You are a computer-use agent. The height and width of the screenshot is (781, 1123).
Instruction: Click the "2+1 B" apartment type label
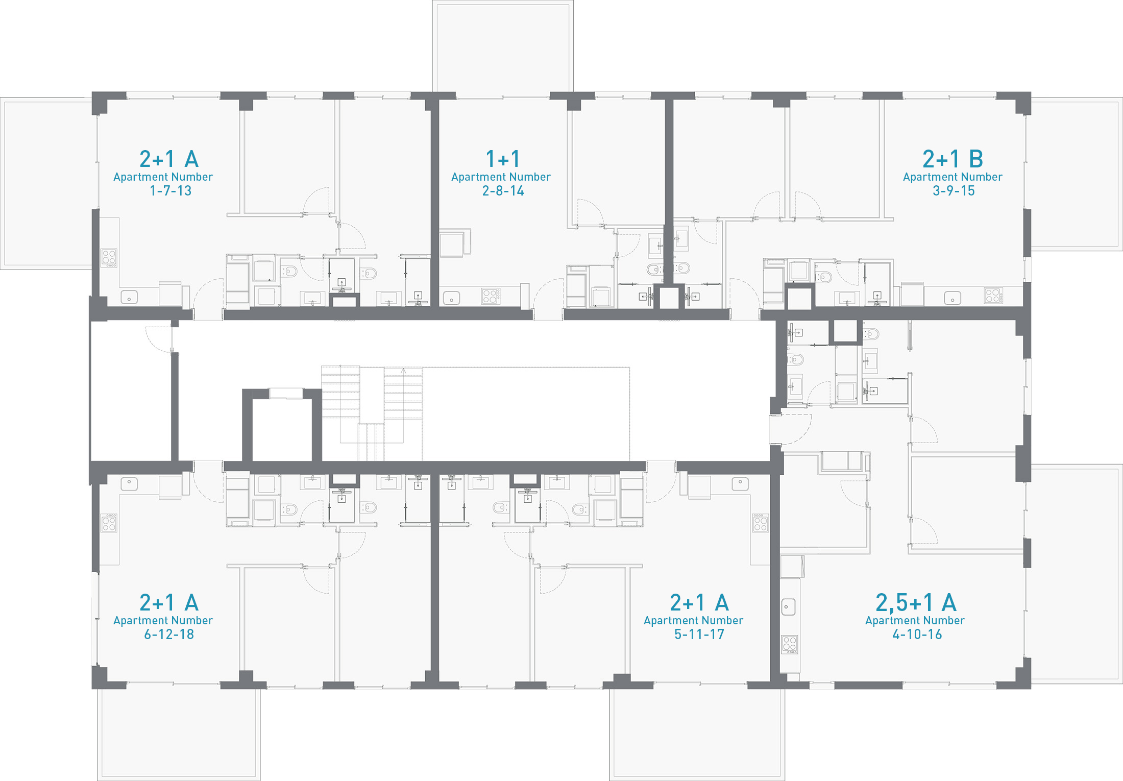point(953,159)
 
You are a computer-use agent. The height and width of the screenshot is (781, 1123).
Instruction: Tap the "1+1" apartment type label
point(503,159)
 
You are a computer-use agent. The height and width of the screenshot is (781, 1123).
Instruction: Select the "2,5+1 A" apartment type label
point(916,603)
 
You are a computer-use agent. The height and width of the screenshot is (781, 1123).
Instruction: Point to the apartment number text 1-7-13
point(170,191)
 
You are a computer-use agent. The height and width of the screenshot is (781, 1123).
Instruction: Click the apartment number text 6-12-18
point(169,634)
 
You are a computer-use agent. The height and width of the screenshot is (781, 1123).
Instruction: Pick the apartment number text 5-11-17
point(699,634)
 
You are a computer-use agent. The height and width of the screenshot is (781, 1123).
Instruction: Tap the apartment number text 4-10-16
point(917,634)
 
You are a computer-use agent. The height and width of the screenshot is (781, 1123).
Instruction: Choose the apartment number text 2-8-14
point(503,191)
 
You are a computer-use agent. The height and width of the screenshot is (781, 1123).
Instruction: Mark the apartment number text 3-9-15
point(954,191)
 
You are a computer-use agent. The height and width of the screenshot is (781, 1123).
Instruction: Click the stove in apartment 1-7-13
point(109,258)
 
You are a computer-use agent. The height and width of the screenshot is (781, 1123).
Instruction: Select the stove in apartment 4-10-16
point(790,645)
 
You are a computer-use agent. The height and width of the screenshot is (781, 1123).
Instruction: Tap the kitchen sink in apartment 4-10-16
point(789,607)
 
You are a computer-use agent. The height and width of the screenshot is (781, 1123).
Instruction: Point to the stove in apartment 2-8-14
point(491,296)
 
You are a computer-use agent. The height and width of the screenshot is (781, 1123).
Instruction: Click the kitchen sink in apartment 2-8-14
point(451,298)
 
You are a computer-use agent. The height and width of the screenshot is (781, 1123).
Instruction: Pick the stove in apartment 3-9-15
point(994,296)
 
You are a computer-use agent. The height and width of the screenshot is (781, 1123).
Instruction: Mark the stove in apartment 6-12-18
point(109,523)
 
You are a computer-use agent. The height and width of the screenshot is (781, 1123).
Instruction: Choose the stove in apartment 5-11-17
point(761,522)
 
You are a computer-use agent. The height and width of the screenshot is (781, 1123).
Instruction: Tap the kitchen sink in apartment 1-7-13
point(129,297)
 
